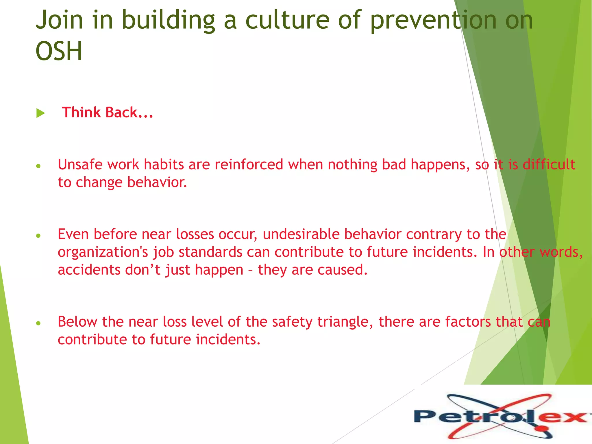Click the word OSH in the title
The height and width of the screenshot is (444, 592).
[59, 51]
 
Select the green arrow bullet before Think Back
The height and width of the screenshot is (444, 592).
[40, 113]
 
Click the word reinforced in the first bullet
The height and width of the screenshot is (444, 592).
[249, 164]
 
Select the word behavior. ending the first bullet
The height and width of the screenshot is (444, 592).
[157, 182]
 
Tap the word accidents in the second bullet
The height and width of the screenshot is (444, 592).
[89, 270]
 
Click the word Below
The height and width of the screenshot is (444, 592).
[77, 321]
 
